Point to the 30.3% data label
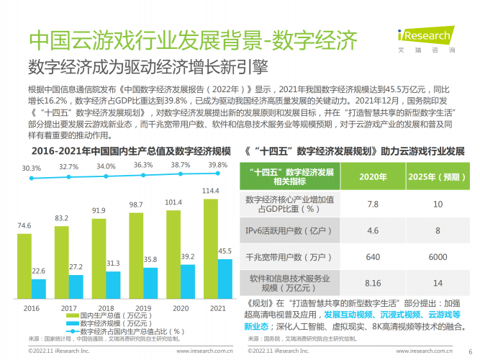[x=31, y=168]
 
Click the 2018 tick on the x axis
[x=105, y=307]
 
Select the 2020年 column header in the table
[x=373, y=177]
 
